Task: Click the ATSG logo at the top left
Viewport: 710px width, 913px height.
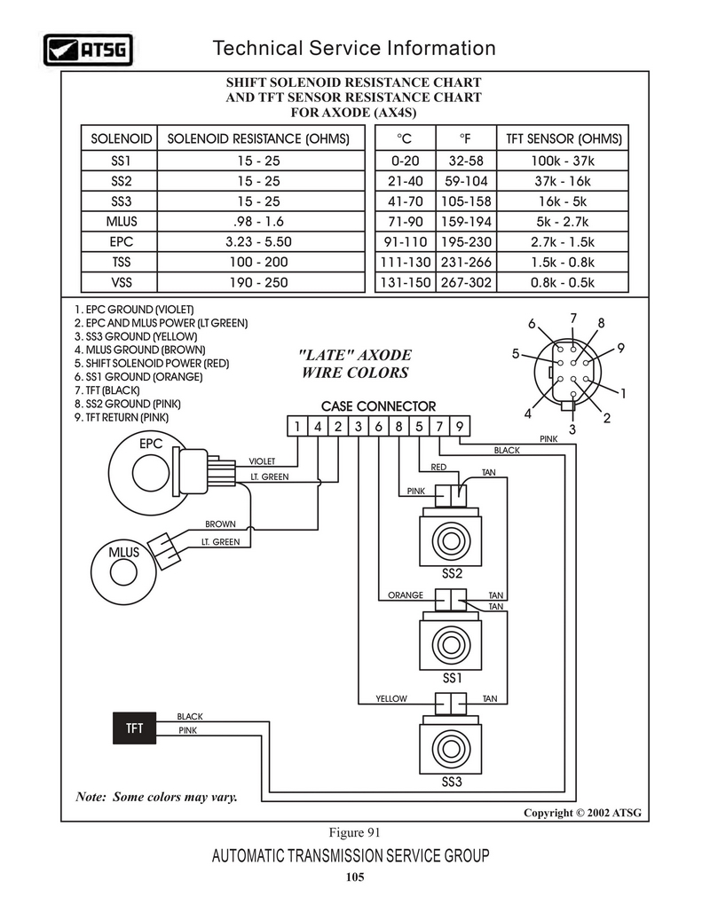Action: click(x=89, y=50)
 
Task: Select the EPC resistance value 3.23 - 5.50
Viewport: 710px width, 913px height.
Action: click(x=258, y=241)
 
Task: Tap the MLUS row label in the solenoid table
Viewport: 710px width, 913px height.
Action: click(x=122, y=221)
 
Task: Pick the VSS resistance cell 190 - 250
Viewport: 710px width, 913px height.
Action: click(x=258, y=282)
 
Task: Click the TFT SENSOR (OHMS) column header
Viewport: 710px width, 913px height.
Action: click(x=564, y=138)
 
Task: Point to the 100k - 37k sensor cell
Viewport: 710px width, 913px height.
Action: click(x=562, y=161)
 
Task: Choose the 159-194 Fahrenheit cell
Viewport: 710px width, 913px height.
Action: click(x=466, y=221)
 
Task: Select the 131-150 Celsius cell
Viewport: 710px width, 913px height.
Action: click(x=406, y=282)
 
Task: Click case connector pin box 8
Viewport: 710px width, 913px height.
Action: click(x=398, y=426)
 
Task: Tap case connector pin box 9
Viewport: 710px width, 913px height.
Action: click(x=460, y=426)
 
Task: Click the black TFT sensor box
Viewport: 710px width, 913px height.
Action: click(x=135, y=728)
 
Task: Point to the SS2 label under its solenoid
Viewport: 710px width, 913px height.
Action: click(x=452, y=573)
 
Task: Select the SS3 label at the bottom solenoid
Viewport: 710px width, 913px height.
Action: click(x=452, y=782)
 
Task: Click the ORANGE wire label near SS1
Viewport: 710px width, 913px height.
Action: click(x=406, y=595)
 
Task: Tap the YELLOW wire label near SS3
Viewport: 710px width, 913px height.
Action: click(x=391, y=699)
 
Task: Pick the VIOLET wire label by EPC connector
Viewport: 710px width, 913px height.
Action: click(x=262, y=461)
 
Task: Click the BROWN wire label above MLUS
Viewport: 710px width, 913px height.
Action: click(x=220, y=524)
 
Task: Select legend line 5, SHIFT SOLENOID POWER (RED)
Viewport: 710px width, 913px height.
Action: click(x=152, y=364)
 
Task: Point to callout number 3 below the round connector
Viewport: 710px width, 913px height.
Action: click(x=572, y=429)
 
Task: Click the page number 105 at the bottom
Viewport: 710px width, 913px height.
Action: click(x=355, y=877)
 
